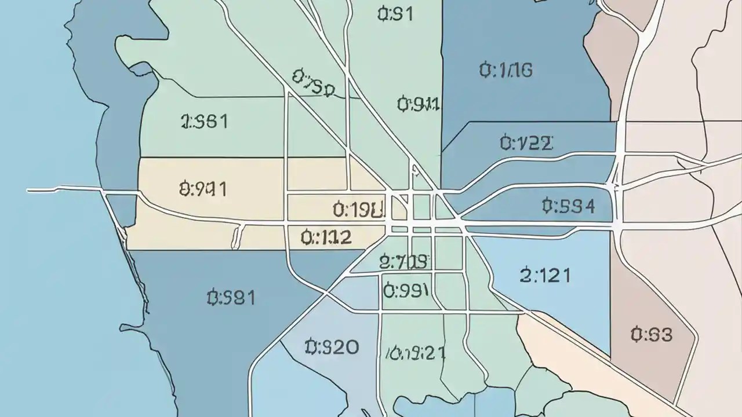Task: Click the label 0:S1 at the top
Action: click(x=395, y=14)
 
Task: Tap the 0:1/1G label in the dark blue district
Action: click(x=505, y=71)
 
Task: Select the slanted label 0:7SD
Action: click(x=313, y=83)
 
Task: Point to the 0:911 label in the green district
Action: click(x=418, y=104)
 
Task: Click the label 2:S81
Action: click(x=204, y=122)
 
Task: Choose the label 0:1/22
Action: click(x=526, y=142)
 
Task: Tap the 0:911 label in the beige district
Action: click(x=203, y=189)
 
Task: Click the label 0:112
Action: click(x=326, y=236)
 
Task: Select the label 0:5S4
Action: click(x=568, y=206)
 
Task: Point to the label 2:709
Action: click(x=403, y=262)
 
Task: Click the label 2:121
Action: click(x=545, y=275)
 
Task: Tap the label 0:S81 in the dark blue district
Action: click(x=231, y=298)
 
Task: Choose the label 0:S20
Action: click(x=332, y=348)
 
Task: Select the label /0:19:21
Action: click(x=416, y=353)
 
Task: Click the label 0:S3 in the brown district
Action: click(x=652, y=334)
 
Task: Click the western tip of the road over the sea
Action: click(x=29, y=190)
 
